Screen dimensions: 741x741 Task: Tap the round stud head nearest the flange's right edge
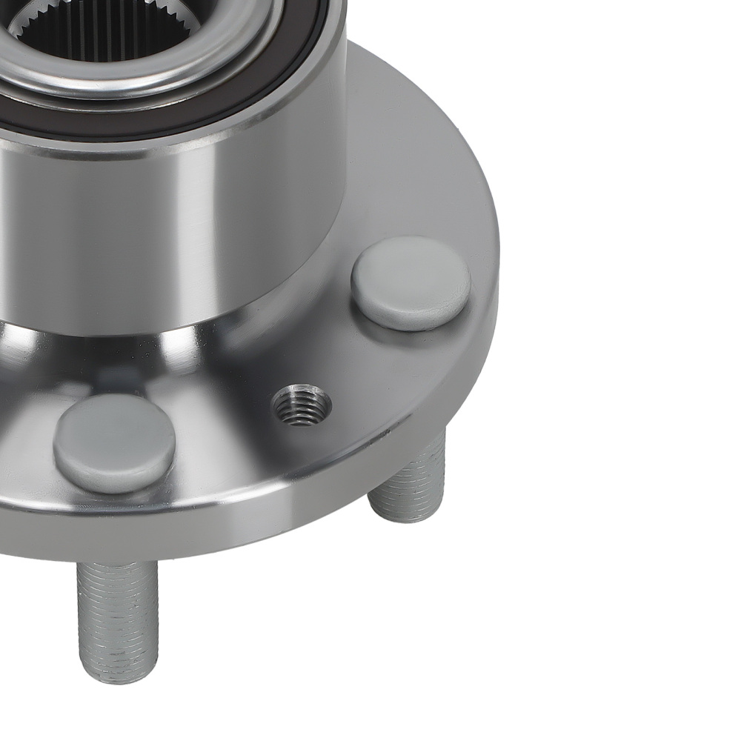tap(411, 283)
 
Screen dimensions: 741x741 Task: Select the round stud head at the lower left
tap(114, 442)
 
